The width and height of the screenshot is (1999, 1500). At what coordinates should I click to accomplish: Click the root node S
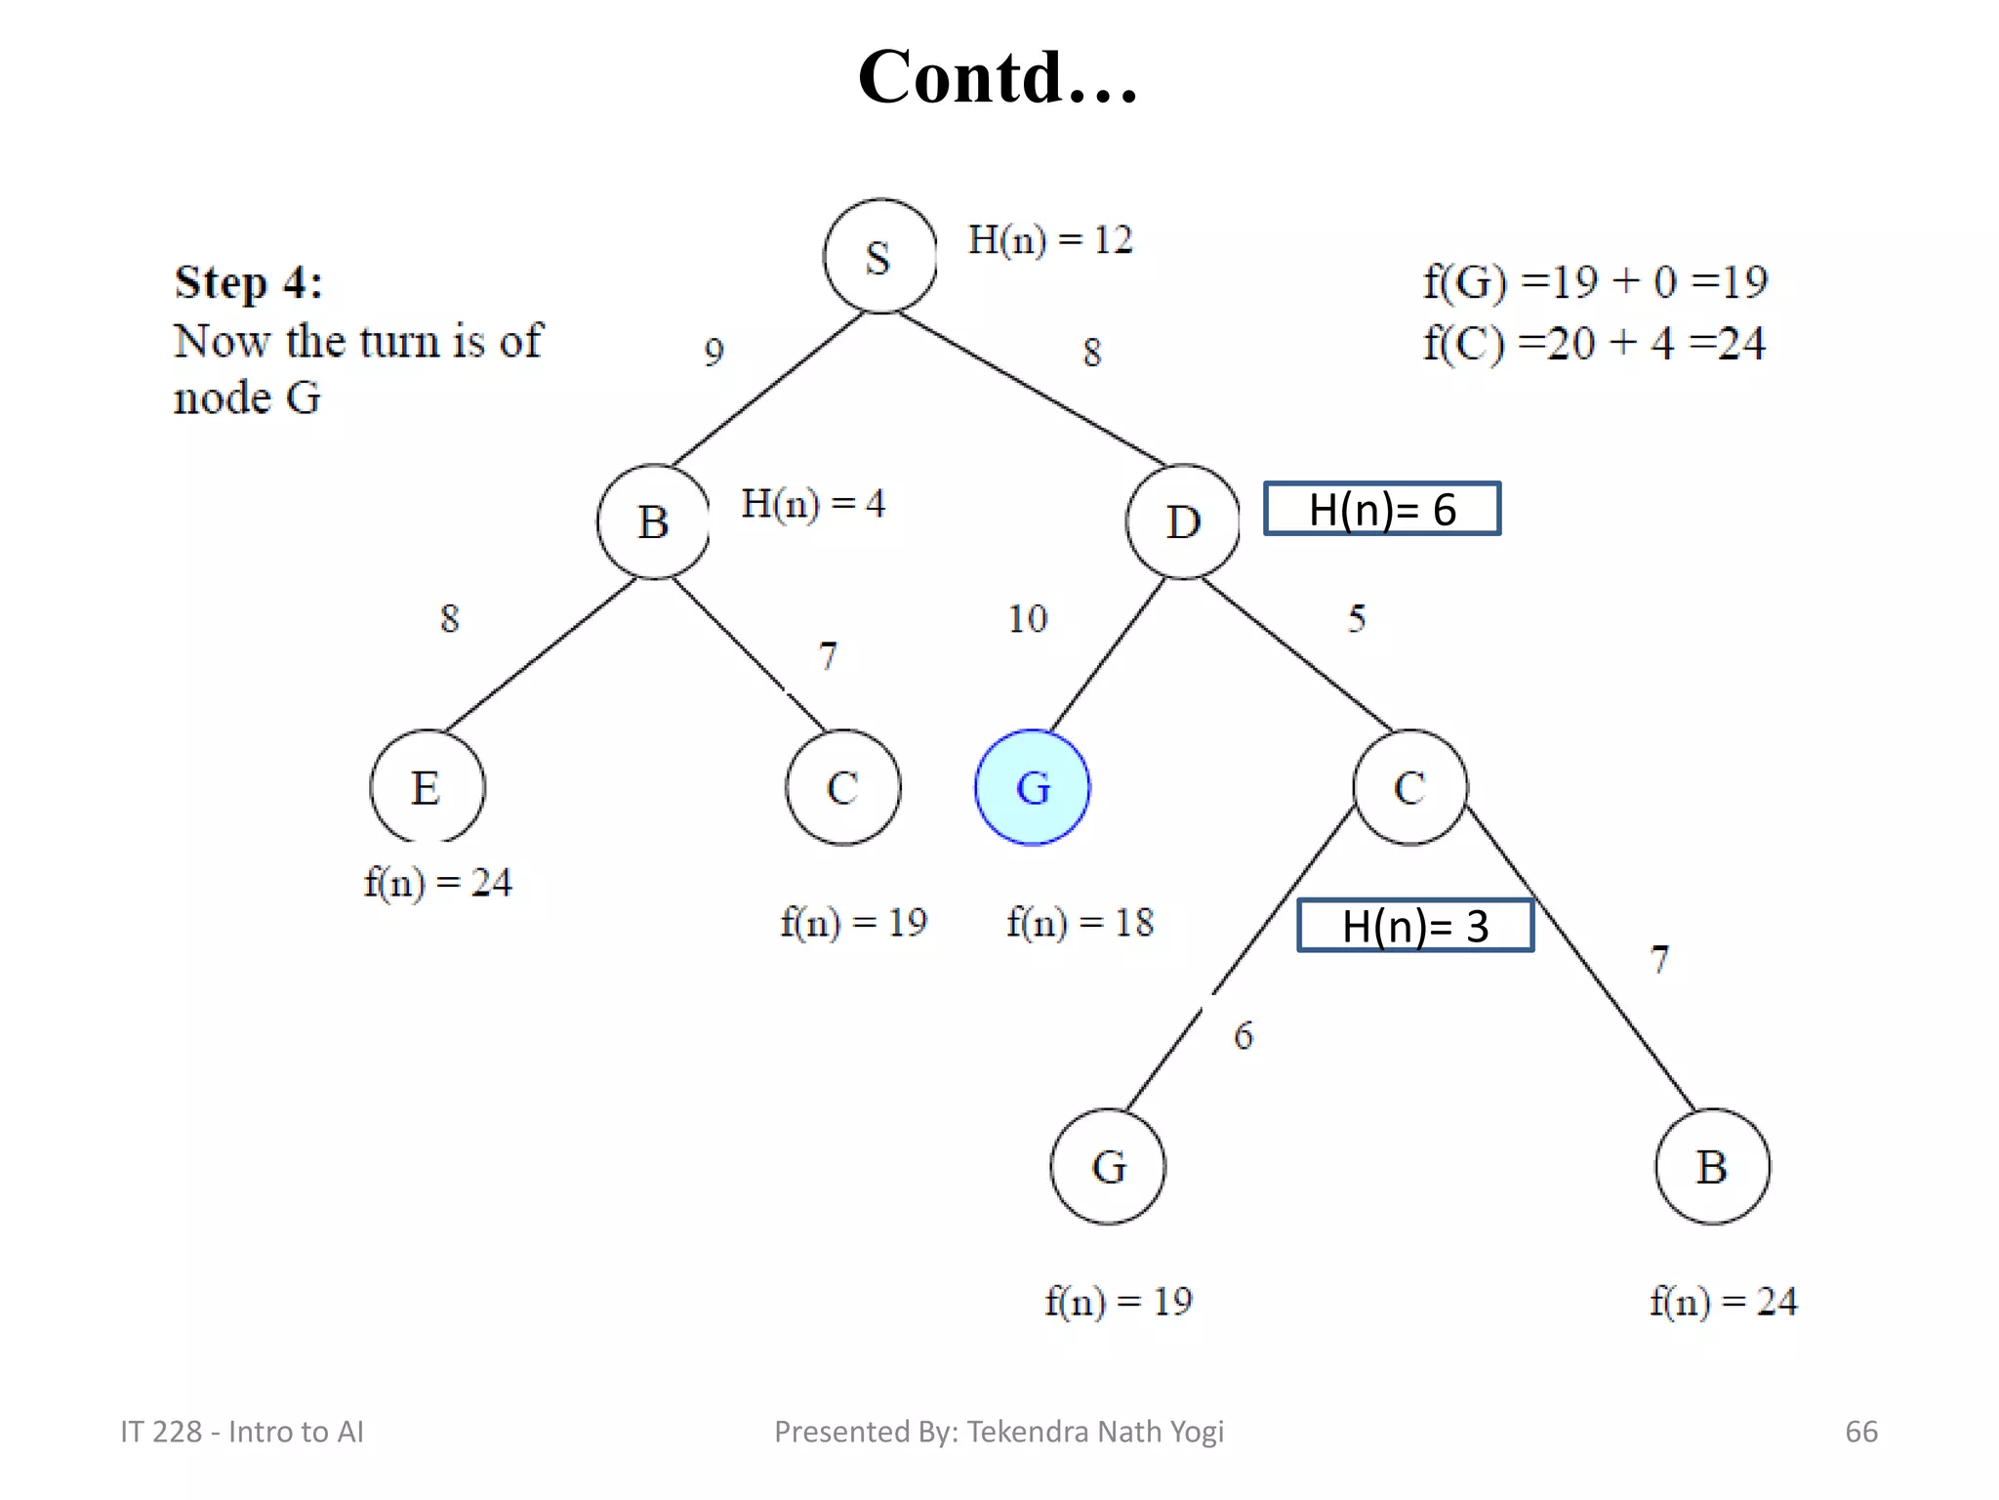[x=879, y=257]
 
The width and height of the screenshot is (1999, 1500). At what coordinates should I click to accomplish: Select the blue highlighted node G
[x=1033, y=787]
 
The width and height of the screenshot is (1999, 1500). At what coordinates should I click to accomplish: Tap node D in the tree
[x=1183, y=521]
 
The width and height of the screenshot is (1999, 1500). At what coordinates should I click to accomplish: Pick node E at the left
[x=427, y=787]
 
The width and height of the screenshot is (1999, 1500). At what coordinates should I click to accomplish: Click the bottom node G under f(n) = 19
[x=1108, y=1166]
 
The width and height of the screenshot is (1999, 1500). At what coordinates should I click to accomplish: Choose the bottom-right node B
[x=1712, y=1166]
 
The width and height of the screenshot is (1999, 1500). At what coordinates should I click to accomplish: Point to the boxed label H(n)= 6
[x=1382, y=509]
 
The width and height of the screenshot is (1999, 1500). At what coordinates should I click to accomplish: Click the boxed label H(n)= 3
[x=1415, y=926]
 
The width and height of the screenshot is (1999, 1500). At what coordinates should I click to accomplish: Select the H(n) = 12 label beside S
[x=1050, y=240]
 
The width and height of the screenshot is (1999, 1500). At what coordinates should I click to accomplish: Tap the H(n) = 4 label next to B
[x=813, y=504]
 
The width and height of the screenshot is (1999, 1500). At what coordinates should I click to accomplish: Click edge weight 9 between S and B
[x=714, y=352]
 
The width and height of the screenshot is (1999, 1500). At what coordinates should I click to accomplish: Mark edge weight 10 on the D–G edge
[x=1027, y=618]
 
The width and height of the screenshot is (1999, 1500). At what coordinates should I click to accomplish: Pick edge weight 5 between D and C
[x=1357, y=618]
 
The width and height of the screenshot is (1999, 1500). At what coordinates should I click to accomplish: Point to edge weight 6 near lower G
[x=1244, y=1035]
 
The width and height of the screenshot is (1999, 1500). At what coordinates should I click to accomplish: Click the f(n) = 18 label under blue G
[x=1080, y=923]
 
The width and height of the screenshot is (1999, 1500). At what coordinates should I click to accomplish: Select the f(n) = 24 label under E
[x=437, y=883]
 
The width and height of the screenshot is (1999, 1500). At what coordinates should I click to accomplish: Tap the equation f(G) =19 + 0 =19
[x=1595, y=282]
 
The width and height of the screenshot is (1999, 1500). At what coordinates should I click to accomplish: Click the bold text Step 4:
[x=249, y=283]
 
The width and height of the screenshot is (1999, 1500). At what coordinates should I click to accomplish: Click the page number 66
[x=1860, y=1432]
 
